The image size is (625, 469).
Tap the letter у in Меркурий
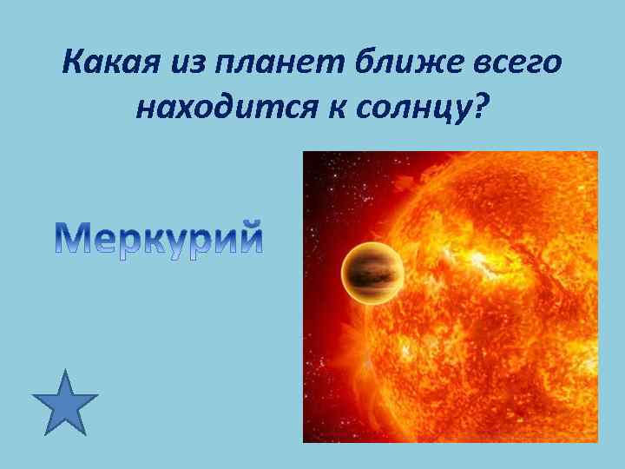pos(186,241)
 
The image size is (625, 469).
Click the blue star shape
pos(65,404)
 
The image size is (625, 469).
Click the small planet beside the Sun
pos(371,274)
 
